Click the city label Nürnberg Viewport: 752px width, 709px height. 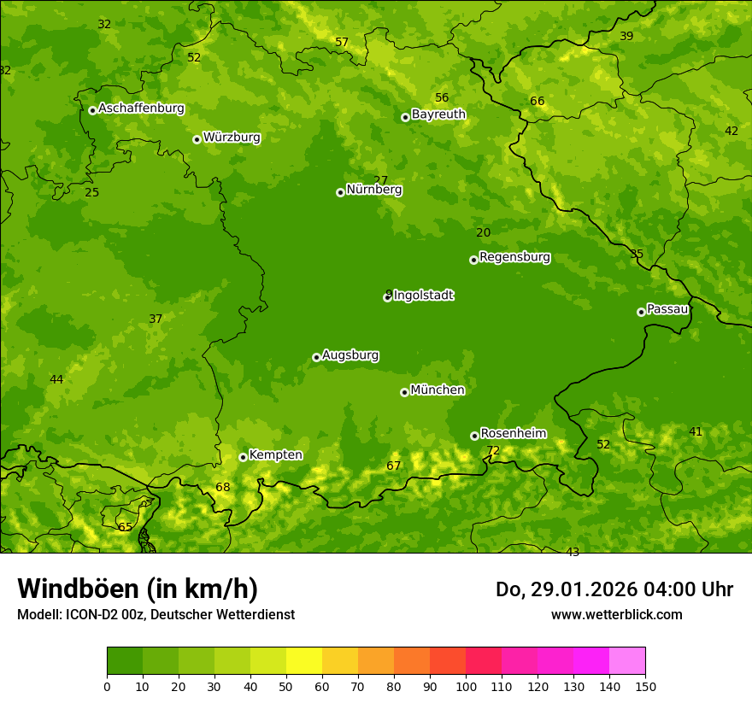(x=373, y=190)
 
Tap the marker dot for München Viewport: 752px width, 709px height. (x=404, y=392)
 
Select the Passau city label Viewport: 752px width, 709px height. (x=667, y=309)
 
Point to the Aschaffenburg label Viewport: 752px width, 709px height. (x=141, y=108)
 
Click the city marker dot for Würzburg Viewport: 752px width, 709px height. (x=197, y=139)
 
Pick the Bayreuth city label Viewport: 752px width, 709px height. (x=438, y=114)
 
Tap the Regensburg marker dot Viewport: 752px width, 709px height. (x=473, y=260)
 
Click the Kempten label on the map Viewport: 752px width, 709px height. (x=275, y=454)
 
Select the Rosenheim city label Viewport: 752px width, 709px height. (x=513, y=433)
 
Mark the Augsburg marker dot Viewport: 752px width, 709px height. (x=316, y=357)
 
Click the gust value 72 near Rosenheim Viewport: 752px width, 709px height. (x=493, y=450)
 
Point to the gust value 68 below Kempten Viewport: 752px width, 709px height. (x=223, y=487)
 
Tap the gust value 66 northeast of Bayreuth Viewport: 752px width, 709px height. (x=538, y=101)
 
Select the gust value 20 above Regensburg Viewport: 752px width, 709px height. (x=484, y=232)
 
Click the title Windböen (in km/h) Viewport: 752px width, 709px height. (x=138, y=589)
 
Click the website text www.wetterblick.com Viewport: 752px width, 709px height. (x=616, y=614)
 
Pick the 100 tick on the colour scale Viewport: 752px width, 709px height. (x=466, y=685)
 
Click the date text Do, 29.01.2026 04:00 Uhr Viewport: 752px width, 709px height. (x=614, y=589)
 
